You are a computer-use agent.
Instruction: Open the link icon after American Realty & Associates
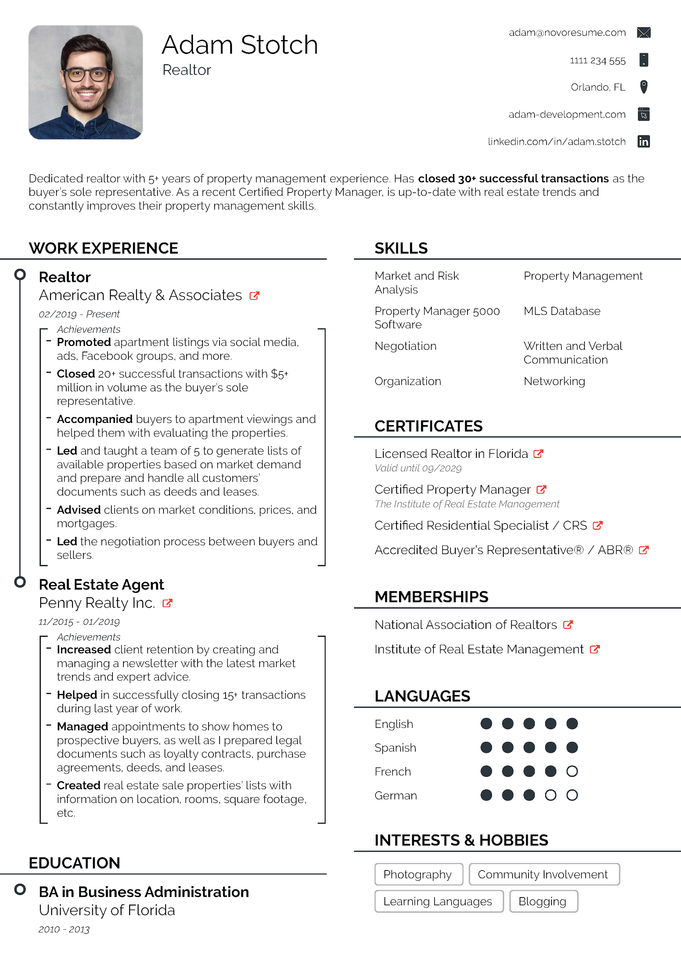[x=254, y=296]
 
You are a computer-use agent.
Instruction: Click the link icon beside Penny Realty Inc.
[x=167, y=603]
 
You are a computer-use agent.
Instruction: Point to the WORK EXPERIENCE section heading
[x=103, y=248]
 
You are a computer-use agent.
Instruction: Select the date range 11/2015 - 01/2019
[x=79, y=622]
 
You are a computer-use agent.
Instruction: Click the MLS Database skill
[x=562, y=311]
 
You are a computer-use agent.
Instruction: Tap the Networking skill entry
[x=554, y=381]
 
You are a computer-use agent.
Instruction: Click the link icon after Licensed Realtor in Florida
[x=538, y=454]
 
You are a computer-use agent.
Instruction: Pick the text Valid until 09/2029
[x=418, y=468]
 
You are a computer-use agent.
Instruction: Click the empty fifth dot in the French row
[x=572, y=771]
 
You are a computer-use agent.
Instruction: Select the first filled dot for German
[x=486, y=795]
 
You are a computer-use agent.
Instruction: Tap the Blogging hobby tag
[x=542, y=901]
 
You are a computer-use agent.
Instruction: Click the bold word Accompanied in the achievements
[x=94, y=419]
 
